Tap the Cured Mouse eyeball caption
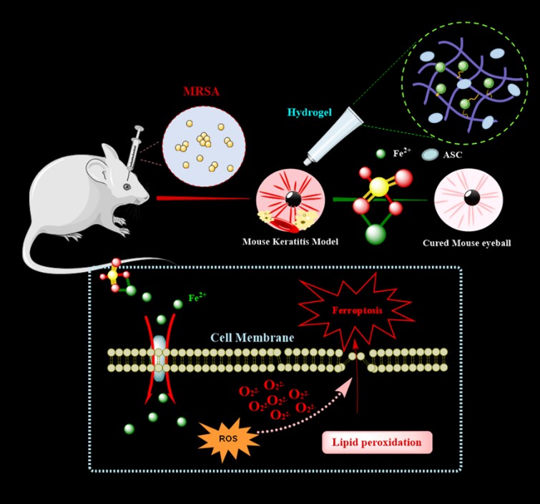[467, 241]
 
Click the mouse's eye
[127, 186]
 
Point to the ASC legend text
[453, 154]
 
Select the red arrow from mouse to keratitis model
[204, 198]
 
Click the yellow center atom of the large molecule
[379, 187]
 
